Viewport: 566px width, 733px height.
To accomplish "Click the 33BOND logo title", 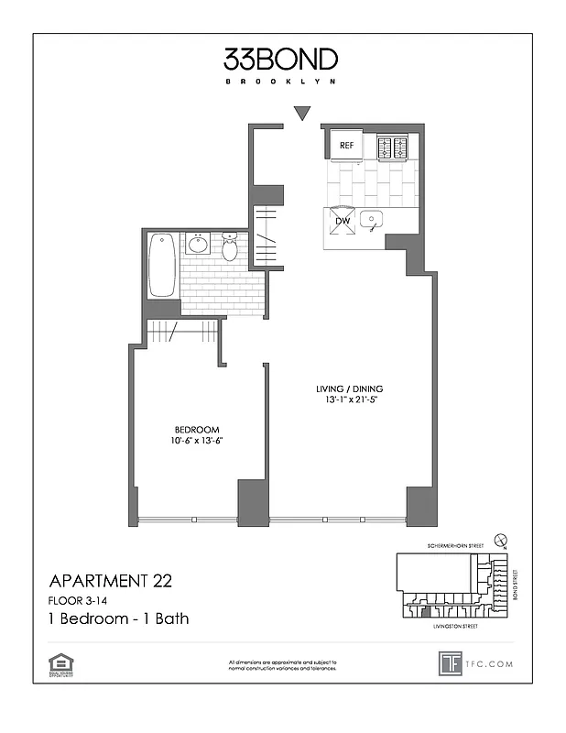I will pos(281,60).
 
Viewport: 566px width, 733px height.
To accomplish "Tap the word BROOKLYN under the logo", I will pos(281,82).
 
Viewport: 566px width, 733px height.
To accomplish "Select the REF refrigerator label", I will pos(347,146).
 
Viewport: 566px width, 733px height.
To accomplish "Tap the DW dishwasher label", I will pos(343,221).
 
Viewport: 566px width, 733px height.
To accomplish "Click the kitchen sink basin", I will pos(371,220).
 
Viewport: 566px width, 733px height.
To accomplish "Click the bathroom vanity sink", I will pos(199,245).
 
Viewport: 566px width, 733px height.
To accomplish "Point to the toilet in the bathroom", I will pos(230,246).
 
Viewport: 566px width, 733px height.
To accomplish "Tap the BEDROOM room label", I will pos(198,430).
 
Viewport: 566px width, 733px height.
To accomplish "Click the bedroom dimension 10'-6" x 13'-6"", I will pos(198,441).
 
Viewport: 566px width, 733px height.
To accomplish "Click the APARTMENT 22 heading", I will pos(109,580).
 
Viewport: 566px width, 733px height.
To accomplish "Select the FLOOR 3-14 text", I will pos(80,600).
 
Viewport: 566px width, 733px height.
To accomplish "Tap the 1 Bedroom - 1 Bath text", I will pos(118,618).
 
